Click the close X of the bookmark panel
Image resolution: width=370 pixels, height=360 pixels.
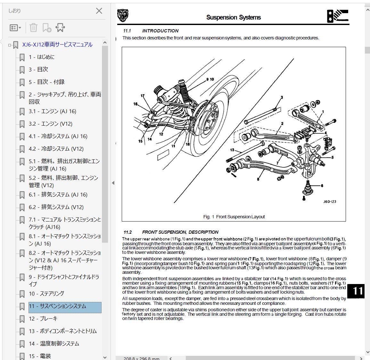point(99,11)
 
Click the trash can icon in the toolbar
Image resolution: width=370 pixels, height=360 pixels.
point(33,28)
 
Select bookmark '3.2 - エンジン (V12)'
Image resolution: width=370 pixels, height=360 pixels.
point(50,124)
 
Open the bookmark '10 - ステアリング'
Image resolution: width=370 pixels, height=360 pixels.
point(46,294)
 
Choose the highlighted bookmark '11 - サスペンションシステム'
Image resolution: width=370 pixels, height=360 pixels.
point(57,306)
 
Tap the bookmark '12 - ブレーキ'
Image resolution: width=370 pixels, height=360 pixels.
point(43,319)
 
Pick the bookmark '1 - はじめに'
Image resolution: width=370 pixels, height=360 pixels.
point(41,57)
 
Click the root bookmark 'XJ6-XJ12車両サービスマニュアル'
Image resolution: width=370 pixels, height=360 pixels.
point(57,45)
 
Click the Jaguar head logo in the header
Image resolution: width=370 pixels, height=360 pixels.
point(122,15)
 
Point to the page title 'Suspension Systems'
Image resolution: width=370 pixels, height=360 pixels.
point(233,17)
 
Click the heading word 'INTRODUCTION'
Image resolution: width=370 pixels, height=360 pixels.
point(160,31)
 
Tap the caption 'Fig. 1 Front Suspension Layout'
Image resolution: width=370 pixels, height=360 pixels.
point(234,217)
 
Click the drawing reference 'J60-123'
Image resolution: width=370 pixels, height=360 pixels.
point(329,202)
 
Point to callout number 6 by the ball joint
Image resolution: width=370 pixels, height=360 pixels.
point(322,186)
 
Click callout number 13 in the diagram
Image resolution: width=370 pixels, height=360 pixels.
point(232,150)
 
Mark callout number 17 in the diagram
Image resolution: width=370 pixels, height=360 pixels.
point(143,96)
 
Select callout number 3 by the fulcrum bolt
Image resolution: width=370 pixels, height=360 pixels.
point(282,97)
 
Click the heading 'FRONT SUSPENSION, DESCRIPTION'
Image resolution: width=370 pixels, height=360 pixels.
point(180,232)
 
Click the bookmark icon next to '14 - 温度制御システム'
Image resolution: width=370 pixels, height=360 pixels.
point(22,344)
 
